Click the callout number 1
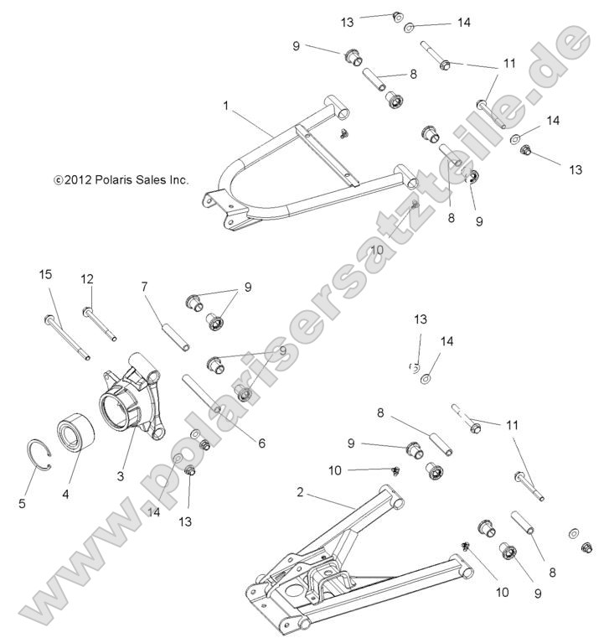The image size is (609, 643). coord(225,106)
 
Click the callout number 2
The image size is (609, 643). coord(300,493)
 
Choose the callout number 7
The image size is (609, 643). coord(144,287)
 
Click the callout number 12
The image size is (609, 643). coord(87,278)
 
